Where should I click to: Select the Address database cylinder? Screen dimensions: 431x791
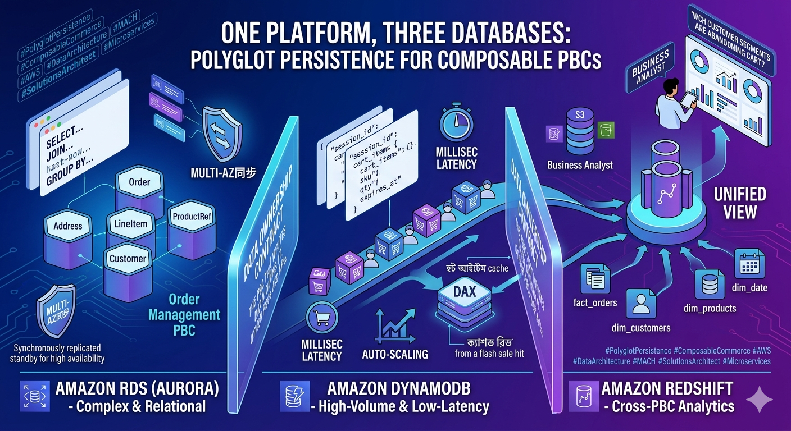[x=68, y=227]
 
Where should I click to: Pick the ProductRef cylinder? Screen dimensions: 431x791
[x=192, y=217]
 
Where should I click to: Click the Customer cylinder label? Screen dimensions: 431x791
[x=128, y=259]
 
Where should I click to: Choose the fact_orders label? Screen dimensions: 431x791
[x=595, y=303]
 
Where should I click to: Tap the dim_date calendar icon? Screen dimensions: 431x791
[x=749, y=263]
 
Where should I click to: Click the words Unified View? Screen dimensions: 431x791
[x=740, y=203]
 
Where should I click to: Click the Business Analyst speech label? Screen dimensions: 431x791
[x=650, y=67]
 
